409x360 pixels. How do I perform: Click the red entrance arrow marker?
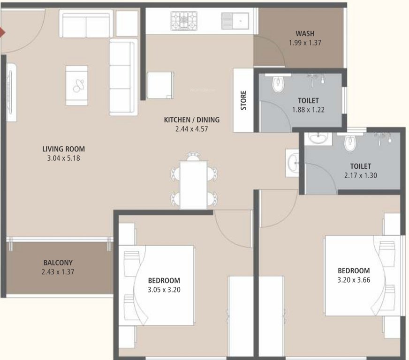click(2, 32)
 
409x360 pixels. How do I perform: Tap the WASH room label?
click(305, 33)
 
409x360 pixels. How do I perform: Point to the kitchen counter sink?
click(235, 20)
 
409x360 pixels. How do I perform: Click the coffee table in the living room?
click(76, 85)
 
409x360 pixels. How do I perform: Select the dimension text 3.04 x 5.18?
click(64, 158)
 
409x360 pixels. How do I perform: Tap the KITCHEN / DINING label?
click(191, 120)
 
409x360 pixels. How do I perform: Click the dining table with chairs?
click(194, 182)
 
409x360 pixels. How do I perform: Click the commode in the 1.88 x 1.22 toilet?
click(278, 82)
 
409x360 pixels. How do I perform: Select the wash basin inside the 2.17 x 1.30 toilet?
click(318, 139)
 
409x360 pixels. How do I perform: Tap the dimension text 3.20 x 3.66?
click(354, 279)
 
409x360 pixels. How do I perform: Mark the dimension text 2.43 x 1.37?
click(58, 271)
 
